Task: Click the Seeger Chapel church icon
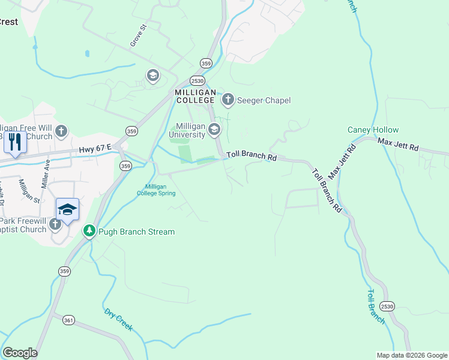coord(228,100)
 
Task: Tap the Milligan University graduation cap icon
coord(214,130)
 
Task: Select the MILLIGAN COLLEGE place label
coord(195,96)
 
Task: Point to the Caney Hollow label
coord(373,130)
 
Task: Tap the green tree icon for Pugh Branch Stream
coord(89,231)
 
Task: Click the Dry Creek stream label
coord(118,320)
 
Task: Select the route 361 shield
coord(68,321)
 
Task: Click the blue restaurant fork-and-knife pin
coord(15,142)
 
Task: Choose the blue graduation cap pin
coord(67,209)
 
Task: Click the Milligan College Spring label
coord(156,190)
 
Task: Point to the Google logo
coord(20,353)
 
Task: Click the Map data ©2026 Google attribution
coord(411,355)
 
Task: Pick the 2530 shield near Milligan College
coord(197,80)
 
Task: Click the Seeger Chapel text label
coord(264,100)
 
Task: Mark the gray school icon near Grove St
coord(152,75)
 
